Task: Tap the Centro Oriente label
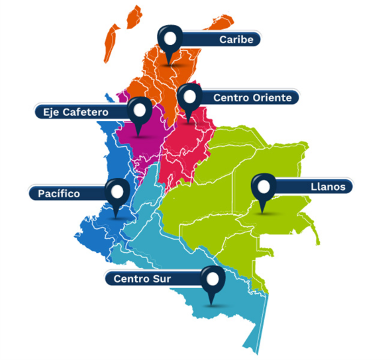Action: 252,98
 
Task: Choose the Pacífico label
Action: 60,193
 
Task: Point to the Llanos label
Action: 326,187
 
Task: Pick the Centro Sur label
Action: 142,279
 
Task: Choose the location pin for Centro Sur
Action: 212,281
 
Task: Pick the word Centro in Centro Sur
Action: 132,279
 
